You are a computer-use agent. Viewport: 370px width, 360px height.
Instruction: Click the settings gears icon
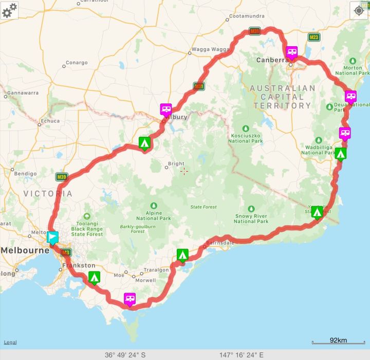point(9,10)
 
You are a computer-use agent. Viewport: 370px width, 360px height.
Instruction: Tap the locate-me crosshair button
point(359,10)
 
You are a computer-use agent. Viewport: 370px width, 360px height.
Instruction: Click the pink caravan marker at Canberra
point(292,52)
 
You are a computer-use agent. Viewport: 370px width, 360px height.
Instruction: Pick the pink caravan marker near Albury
point(166,109)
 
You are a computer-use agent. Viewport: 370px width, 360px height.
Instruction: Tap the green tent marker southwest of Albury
point(145,143)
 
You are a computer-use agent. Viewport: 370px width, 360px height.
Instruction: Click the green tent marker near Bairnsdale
point(182,255)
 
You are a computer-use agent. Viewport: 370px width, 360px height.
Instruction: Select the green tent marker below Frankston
point(94,277)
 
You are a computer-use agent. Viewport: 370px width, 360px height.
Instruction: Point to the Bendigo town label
point(25,174)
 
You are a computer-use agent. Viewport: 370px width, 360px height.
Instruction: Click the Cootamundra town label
point(247,16)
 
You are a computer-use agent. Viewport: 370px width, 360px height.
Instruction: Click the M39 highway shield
point(62,177)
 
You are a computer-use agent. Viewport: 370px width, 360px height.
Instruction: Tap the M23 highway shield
point(314,37)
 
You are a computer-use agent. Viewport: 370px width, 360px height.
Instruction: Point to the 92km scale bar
point(338,341)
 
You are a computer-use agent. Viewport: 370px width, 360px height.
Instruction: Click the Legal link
point(10,343)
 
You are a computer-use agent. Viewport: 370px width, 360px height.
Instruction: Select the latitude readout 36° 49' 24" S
point(125,355)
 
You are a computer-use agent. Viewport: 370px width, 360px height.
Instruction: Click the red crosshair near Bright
point(184,171)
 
